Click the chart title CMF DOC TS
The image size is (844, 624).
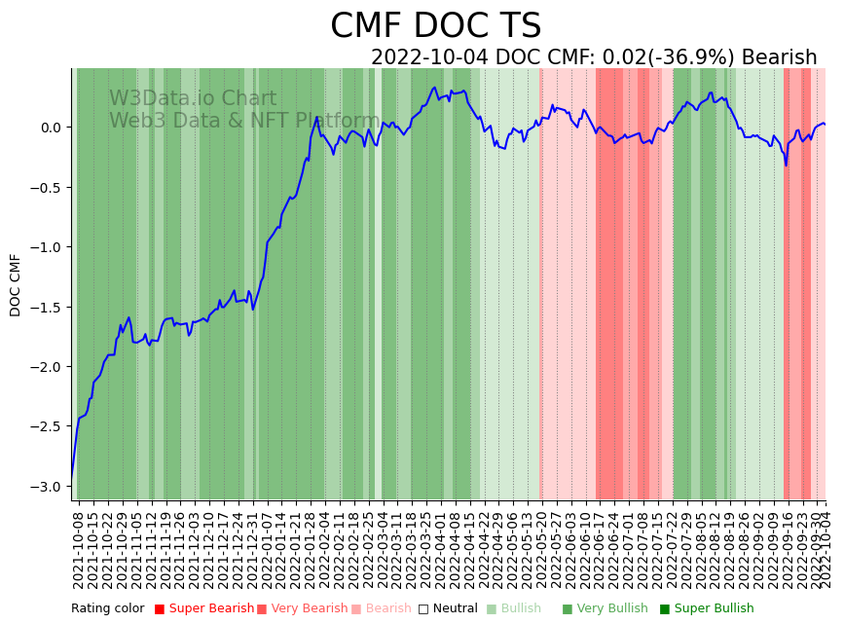click(435, 26)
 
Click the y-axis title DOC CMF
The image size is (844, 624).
click(16, 284)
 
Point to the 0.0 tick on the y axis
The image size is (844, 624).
click(51, 128)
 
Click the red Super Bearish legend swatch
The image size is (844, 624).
click(160, 609)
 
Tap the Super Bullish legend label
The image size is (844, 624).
click(714, 609)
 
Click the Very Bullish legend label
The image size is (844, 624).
click(612, 609)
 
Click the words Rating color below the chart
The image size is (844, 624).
click(107, 609)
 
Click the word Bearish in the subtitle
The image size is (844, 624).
click(779, 57)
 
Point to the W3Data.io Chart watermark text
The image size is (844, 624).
click(193, 99)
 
